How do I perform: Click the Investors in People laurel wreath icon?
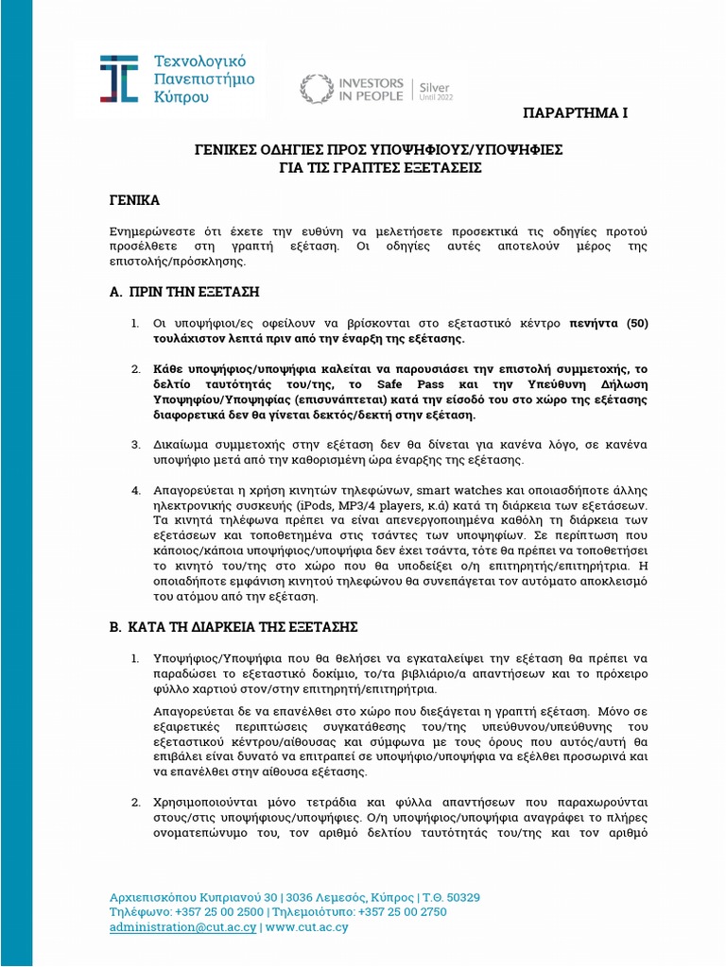pyautogui.click(x=316, y=89)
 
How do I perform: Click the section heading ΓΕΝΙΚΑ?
pyautogui.click(x=135, y=201)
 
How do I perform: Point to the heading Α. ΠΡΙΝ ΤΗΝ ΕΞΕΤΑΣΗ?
pyautogui.click(x=185, y=291)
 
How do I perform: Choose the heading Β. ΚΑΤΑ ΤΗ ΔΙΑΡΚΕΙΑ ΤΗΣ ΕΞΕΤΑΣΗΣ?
pyautogui.click(x=233, y=627)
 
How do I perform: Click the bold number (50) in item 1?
pyautogui.click(x=634, y=323)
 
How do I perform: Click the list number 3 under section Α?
pyautogui.click(x=135, y=445)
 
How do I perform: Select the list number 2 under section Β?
pyautogui.click(x=135, y=802)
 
